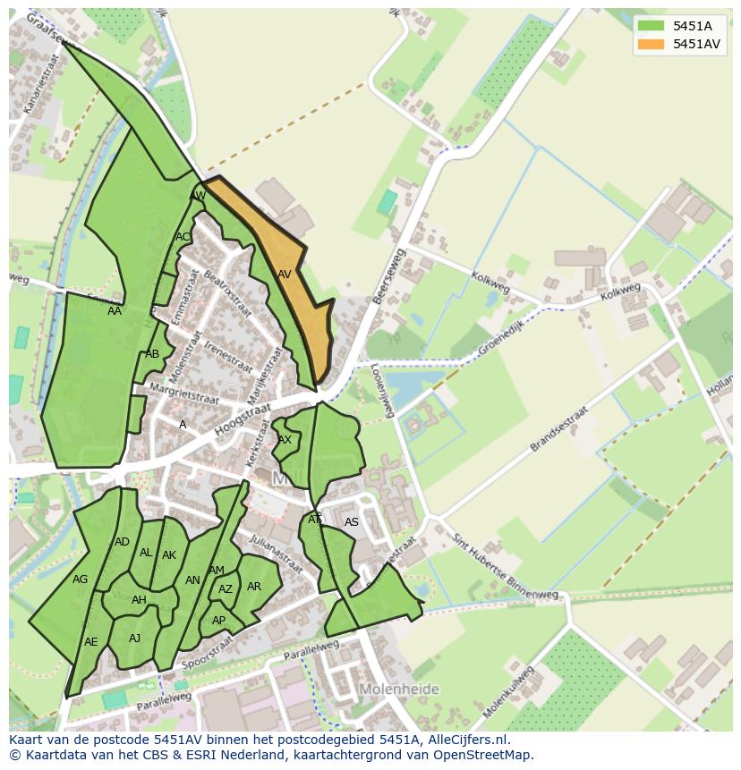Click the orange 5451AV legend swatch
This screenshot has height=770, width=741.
coord(651,43)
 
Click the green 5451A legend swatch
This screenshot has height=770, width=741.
coord(651,25)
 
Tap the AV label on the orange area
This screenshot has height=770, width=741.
coord(285,275)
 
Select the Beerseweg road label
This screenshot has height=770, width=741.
coord(389,277)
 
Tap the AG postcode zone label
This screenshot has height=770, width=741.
coord(81,580)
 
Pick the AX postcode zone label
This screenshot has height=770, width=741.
coord(285,440)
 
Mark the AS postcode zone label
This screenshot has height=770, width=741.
coord(352,522)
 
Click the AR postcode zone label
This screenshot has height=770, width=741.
coord(254,587)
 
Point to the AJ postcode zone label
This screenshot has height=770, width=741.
coord(134,638)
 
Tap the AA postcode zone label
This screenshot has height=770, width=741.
coord(115,311)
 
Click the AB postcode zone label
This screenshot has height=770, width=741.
coord(152,354)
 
